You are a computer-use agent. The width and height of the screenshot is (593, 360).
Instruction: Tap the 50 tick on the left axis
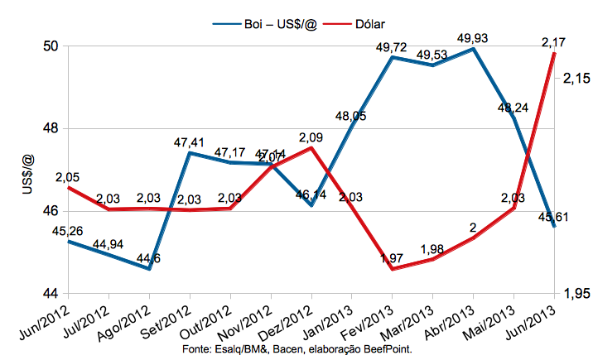[51, 46]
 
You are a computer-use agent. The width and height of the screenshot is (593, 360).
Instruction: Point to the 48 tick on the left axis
[51, 129]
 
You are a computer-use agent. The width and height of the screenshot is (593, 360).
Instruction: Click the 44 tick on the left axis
[51, 294]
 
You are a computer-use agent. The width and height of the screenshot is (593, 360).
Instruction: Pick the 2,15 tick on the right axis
[576, 79]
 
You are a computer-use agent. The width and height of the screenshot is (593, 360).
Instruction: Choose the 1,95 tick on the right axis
[576, 294]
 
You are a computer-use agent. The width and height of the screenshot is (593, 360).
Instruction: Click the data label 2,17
[551, 40]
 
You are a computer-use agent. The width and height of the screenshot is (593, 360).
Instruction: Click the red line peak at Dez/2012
[311, 147]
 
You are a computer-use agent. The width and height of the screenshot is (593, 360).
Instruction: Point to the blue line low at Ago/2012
[149, 269]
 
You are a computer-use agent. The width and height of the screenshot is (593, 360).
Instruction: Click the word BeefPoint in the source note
[387, 350]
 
